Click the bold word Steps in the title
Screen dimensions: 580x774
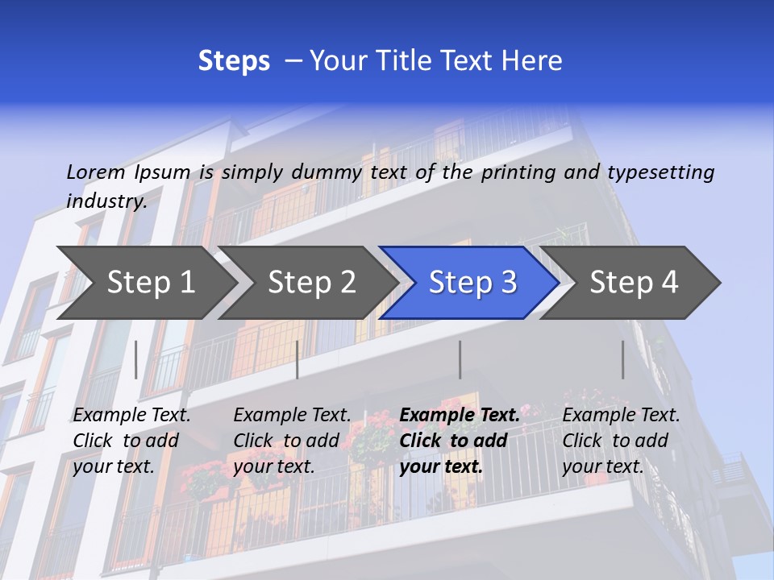(x=234, y=61)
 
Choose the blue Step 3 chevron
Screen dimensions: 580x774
(x=472, y=283)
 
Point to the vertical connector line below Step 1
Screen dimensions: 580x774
(x=136, y=359)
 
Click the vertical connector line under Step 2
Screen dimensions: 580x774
(x=298, y=359)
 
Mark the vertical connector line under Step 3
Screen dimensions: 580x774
(x=460, y=359)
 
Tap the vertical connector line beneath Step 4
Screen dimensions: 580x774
(x=622, y=359)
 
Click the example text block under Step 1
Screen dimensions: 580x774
(x=131, y=441)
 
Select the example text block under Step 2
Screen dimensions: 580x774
(x=292, y=441)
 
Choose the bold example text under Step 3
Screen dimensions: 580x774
(x=460, y=441)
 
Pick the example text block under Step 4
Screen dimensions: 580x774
(x=621, y=441)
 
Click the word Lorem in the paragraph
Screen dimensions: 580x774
(x=95, y=172)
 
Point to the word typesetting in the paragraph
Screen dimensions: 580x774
(x=660, y=172)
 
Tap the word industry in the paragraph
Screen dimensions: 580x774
(x=106, y=201)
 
